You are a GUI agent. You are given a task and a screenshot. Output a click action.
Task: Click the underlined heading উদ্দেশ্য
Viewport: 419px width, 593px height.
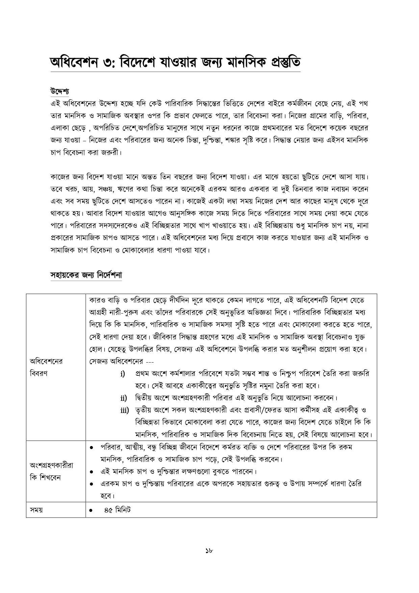coord(60,91)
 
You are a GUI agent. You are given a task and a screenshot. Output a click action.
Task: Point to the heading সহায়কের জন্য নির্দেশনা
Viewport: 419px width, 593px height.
coord(86,275)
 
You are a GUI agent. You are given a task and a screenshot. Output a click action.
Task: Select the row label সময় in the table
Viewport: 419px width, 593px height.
coord(36,510)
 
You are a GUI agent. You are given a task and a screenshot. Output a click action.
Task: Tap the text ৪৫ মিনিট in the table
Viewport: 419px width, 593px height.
coord(117,510)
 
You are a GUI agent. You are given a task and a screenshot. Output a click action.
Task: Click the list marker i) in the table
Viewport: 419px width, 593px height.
coord(123,374)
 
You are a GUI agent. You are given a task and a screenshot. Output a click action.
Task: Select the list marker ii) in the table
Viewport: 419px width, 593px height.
coord(124,398)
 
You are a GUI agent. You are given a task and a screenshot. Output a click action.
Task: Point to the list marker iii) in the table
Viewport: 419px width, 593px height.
coord(125,410)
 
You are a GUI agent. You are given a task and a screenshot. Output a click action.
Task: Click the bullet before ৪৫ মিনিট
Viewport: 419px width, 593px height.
coord(91,511)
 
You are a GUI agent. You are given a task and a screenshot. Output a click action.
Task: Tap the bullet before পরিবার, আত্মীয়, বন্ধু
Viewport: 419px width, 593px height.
coord(91,448)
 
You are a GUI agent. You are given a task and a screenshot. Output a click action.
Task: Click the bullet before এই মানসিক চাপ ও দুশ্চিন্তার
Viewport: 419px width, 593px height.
coord(91,472)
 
